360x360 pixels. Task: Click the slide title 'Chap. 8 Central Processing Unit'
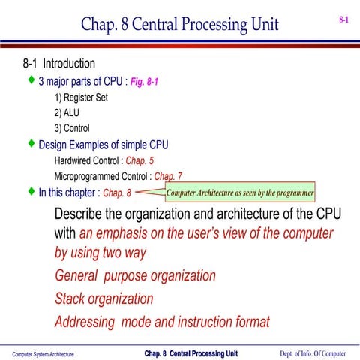pos(179,25)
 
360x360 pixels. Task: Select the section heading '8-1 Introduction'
pos(60,64)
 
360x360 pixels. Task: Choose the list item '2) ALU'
pos(72,112)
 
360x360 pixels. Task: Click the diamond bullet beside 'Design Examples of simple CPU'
pos(31,142)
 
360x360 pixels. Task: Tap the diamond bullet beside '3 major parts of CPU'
pos(31,79)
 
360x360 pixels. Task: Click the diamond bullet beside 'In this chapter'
pos(31,191)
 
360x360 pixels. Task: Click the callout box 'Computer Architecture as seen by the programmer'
pos(239,193)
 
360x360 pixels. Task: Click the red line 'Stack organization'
pos(104,298)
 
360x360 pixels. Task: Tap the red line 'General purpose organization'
pos(136,275)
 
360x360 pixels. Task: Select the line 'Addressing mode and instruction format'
pos(162,322)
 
